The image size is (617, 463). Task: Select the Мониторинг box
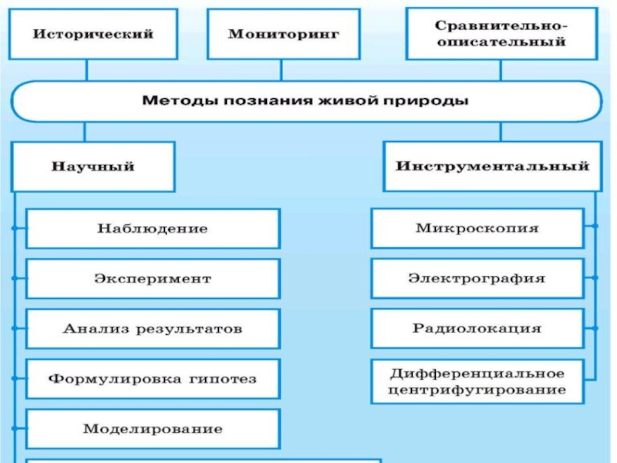pos(283,34)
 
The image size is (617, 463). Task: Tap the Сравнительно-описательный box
pos(501,34)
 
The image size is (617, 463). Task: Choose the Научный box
pos(93,166)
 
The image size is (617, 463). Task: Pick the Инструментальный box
pos(492,166)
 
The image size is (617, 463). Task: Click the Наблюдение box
pos(153,228)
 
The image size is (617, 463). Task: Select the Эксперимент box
pos(153,278)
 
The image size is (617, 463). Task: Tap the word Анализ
pos(89,329)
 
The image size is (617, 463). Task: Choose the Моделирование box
pos(153,429)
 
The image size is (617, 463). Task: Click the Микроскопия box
pos(477,228)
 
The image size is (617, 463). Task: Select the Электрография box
pos(477,278)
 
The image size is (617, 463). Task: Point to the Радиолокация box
pos(477,328)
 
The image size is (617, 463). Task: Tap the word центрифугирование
pos(477,390)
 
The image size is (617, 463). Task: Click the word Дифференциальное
pos(477,373)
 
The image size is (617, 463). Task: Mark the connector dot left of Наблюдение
pos(14,229)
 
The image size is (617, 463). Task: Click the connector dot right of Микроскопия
pos(595,226)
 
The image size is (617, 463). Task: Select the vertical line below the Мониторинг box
pos(282,70)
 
